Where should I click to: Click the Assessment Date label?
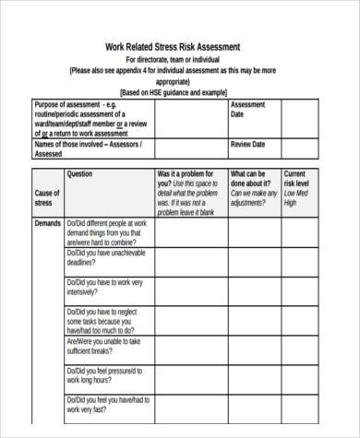[x=248, y=109]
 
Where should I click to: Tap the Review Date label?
[x=246, y=145]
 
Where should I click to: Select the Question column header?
[x=80, y=173]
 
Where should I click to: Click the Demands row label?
[x=48, y=224]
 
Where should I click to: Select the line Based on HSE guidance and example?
[x=173, y=93]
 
